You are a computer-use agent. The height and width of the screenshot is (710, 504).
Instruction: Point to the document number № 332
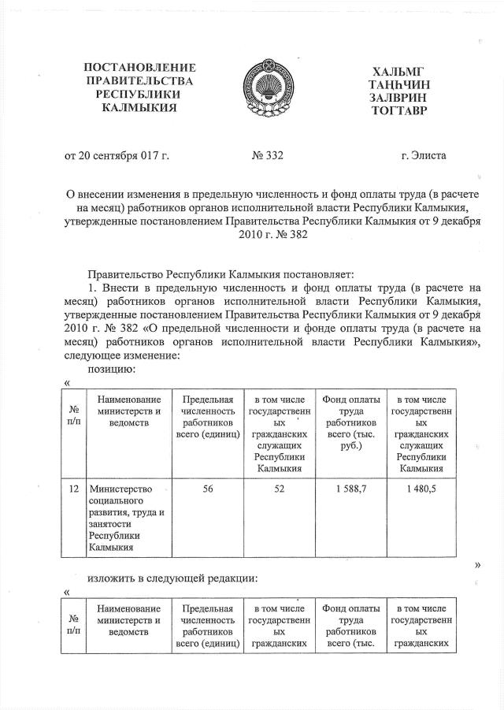coord(267,155)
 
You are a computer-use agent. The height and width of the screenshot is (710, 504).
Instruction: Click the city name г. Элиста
coord(423,155)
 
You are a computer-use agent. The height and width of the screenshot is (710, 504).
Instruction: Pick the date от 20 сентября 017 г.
coord(117,155)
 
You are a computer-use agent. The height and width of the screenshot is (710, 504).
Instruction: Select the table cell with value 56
coord(208,489)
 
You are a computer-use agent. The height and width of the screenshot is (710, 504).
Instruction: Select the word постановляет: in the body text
coord(322,274)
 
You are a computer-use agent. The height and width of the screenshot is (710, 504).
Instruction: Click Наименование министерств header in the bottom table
coord(129,620)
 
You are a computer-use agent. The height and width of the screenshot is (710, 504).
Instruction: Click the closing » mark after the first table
coord(477,564)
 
